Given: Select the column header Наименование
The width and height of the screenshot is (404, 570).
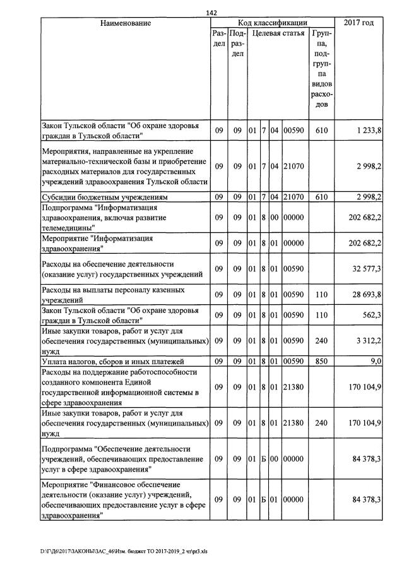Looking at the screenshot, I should point(126,23).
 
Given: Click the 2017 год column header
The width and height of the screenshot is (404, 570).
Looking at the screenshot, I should point(359,23).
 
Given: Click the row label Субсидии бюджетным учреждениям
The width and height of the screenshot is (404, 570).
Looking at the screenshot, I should point(105,197).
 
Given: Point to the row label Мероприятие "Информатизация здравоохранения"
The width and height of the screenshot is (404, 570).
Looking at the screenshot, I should point(98,244).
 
